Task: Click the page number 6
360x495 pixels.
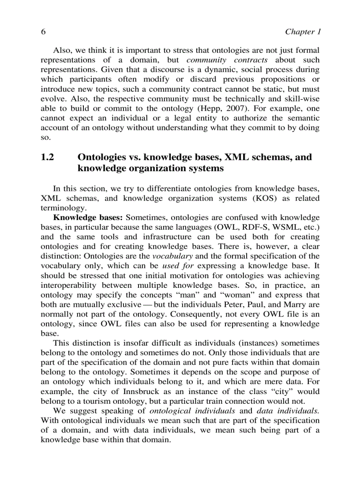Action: (43, 32)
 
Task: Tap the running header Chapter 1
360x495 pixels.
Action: (303, 32)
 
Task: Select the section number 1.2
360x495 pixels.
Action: (47, 157)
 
